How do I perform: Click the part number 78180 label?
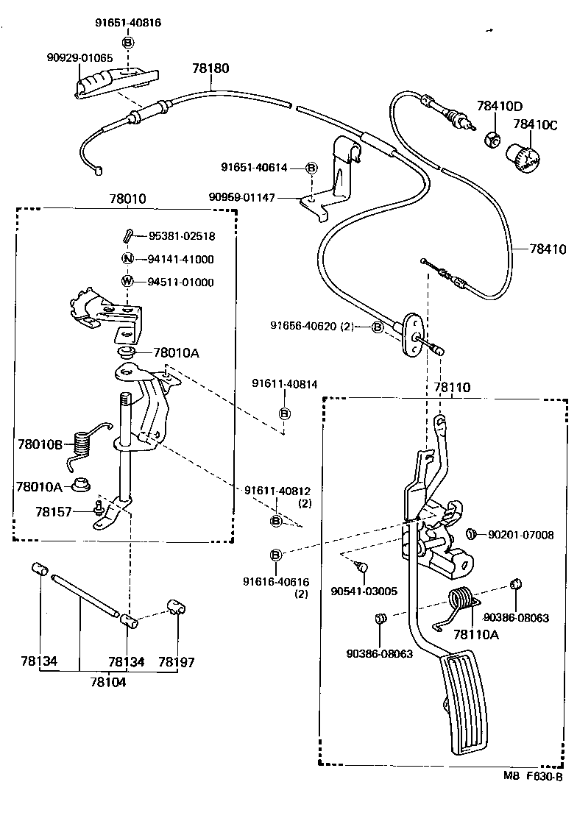(x=211, y=68)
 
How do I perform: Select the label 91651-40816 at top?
(x=128, y=23)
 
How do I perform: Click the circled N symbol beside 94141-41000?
(x=127, y=259)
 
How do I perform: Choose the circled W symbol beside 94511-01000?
(x=127, y=282)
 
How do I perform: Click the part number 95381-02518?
(x=181, y=236)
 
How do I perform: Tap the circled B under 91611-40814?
(x=285, y=413)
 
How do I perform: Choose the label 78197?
(x=177, y=662)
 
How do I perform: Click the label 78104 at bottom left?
(x=108, y=682)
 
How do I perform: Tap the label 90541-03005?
(x=364, y=591)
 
